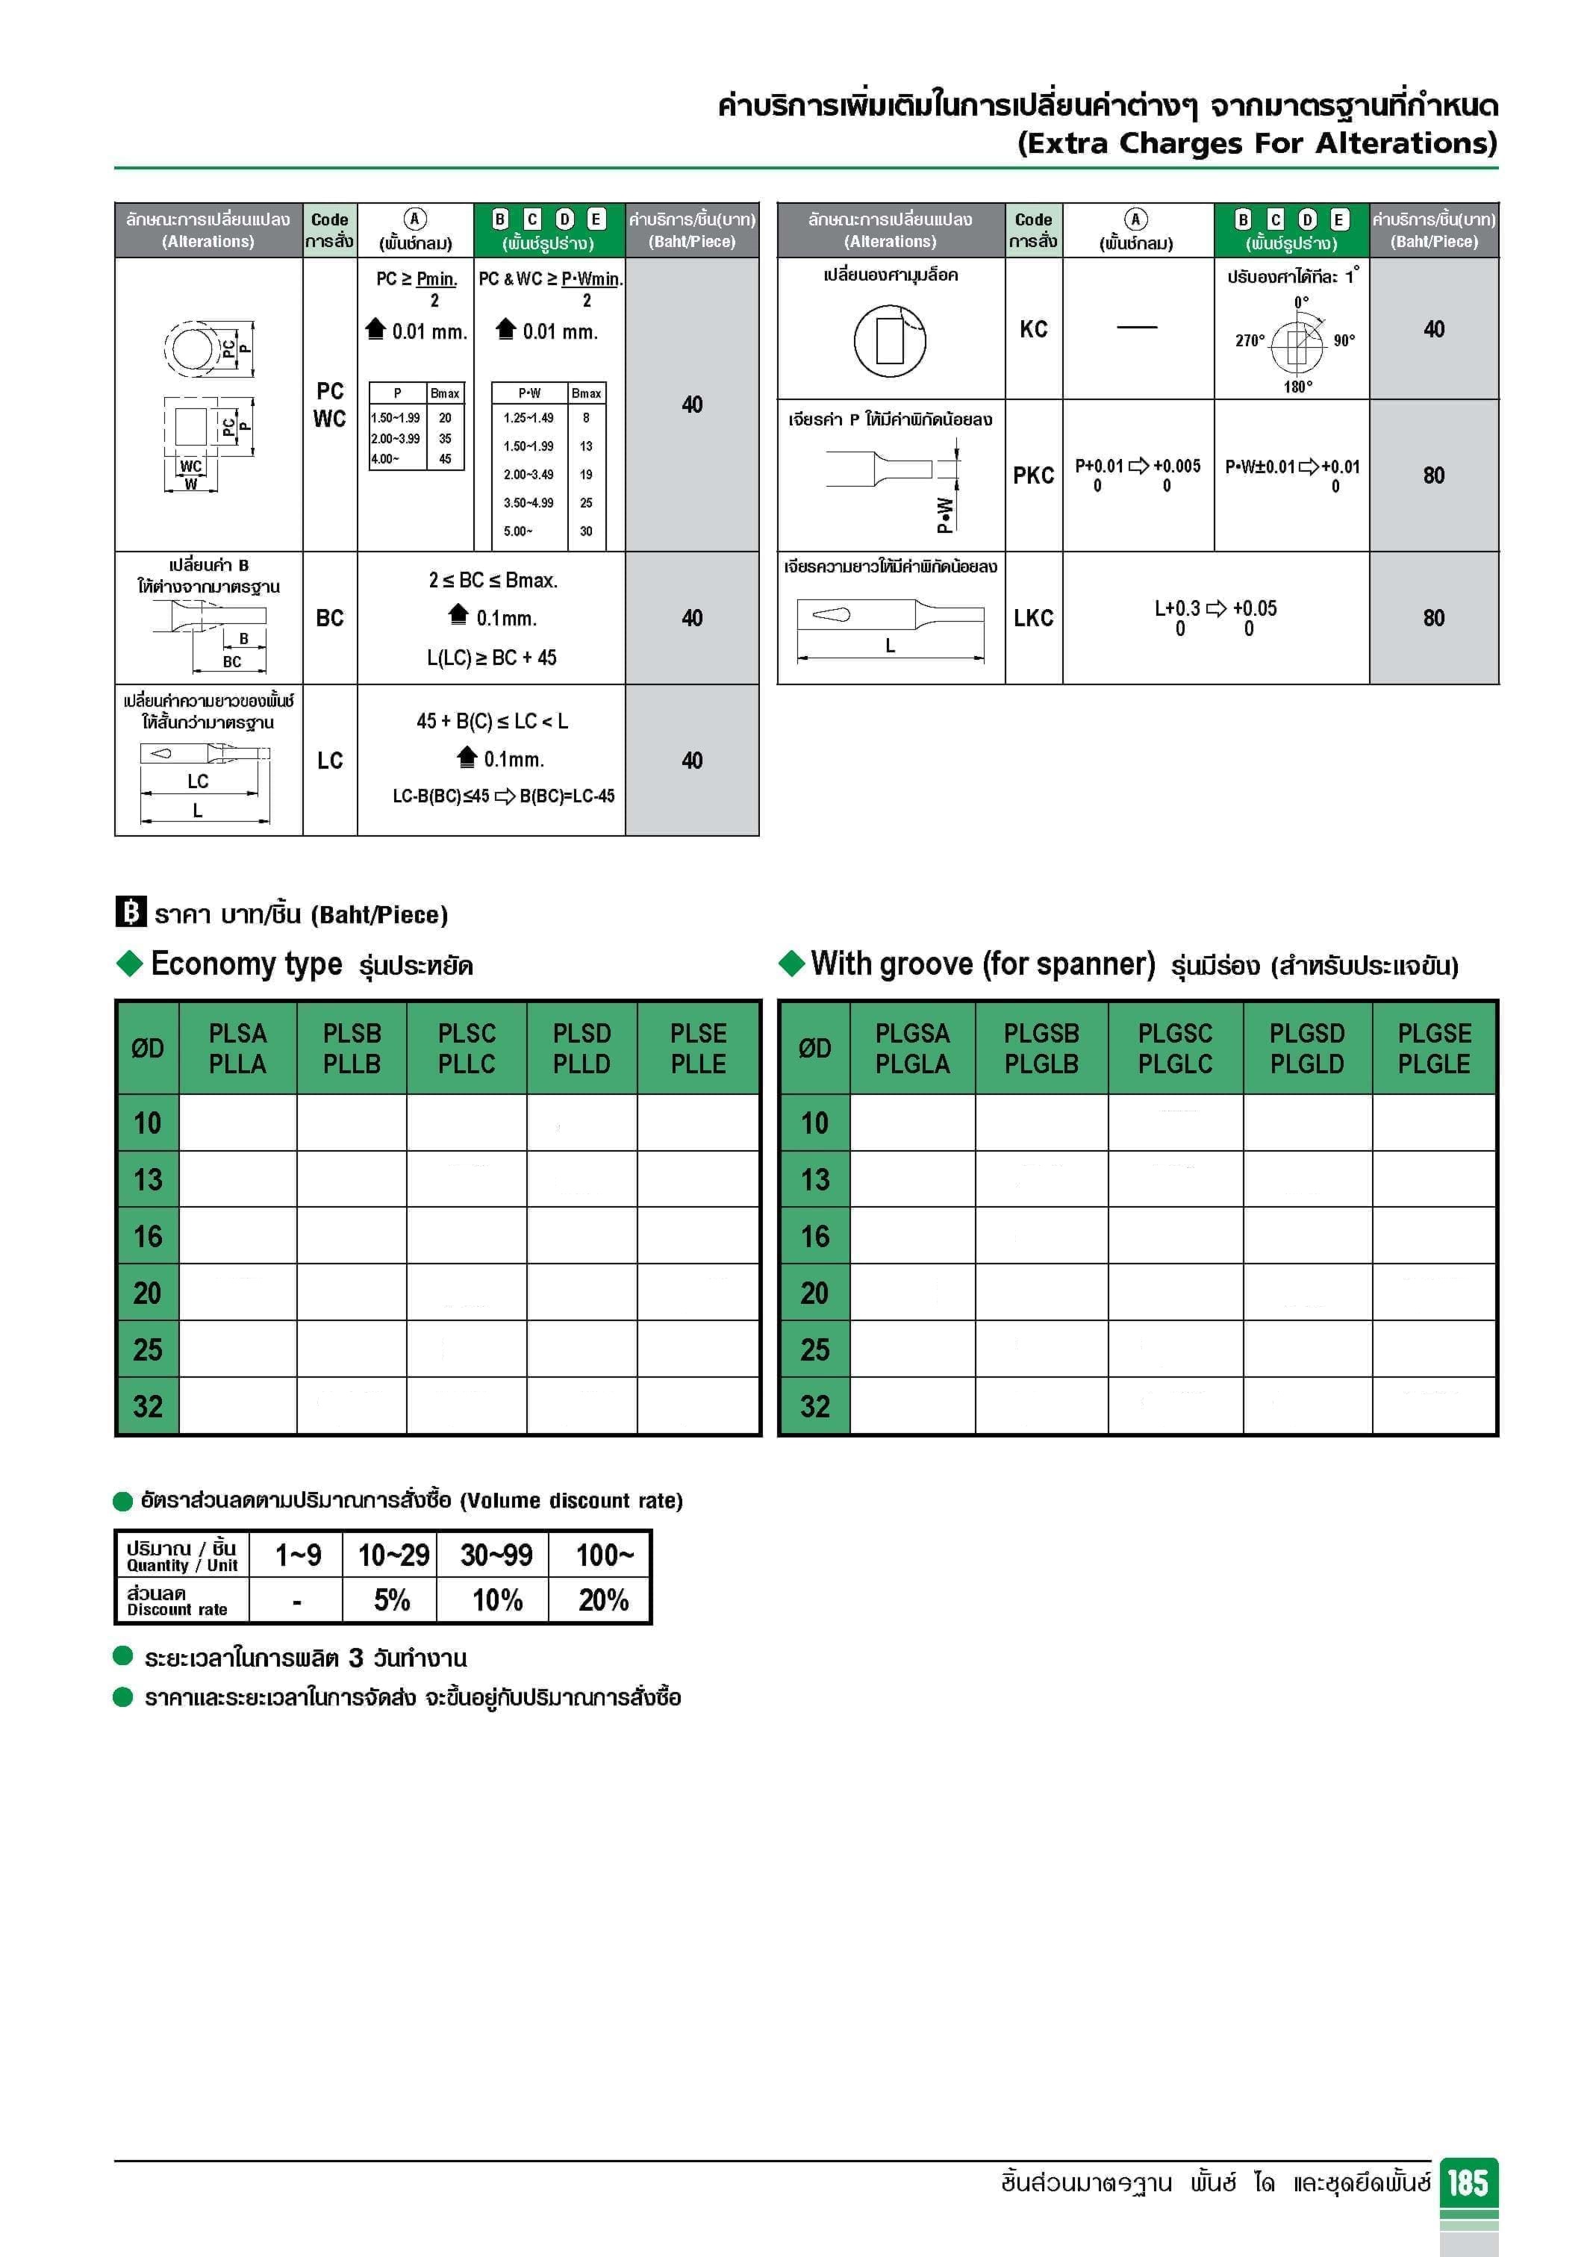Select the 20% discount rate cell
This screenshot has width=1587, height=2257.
coord(602,1600)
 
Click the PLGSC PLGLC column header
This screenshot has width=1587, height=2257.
coord(1175,1048)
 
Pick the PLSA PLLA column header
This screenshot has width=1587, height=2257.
coord(237,1048)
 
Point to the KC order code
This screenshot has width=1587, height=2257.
coord(1032,329)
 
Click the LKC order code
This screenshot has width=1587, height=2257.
coord(1032,618)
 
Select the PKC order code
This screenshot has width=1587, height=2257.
coord(1032,475)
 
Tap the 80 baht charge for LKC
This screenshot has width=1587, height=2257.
coord(1434,618)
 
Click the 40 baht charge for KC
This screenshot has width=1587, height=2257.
coord(1434,329)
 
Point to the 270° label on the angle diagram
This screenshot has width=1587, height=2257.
coord(1250,341)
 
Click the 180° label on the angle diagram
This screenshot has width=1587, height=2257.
coord(1297,387)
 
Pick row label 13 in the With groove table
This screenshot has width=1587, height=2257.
coord(814,1179)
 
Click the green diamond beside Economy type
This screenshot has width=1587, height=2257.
coord(130,964)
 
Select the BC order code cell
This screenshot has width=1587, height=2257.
coord(329,618)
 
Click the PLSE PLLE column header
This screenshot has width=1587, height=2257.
coord(698,1048)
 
